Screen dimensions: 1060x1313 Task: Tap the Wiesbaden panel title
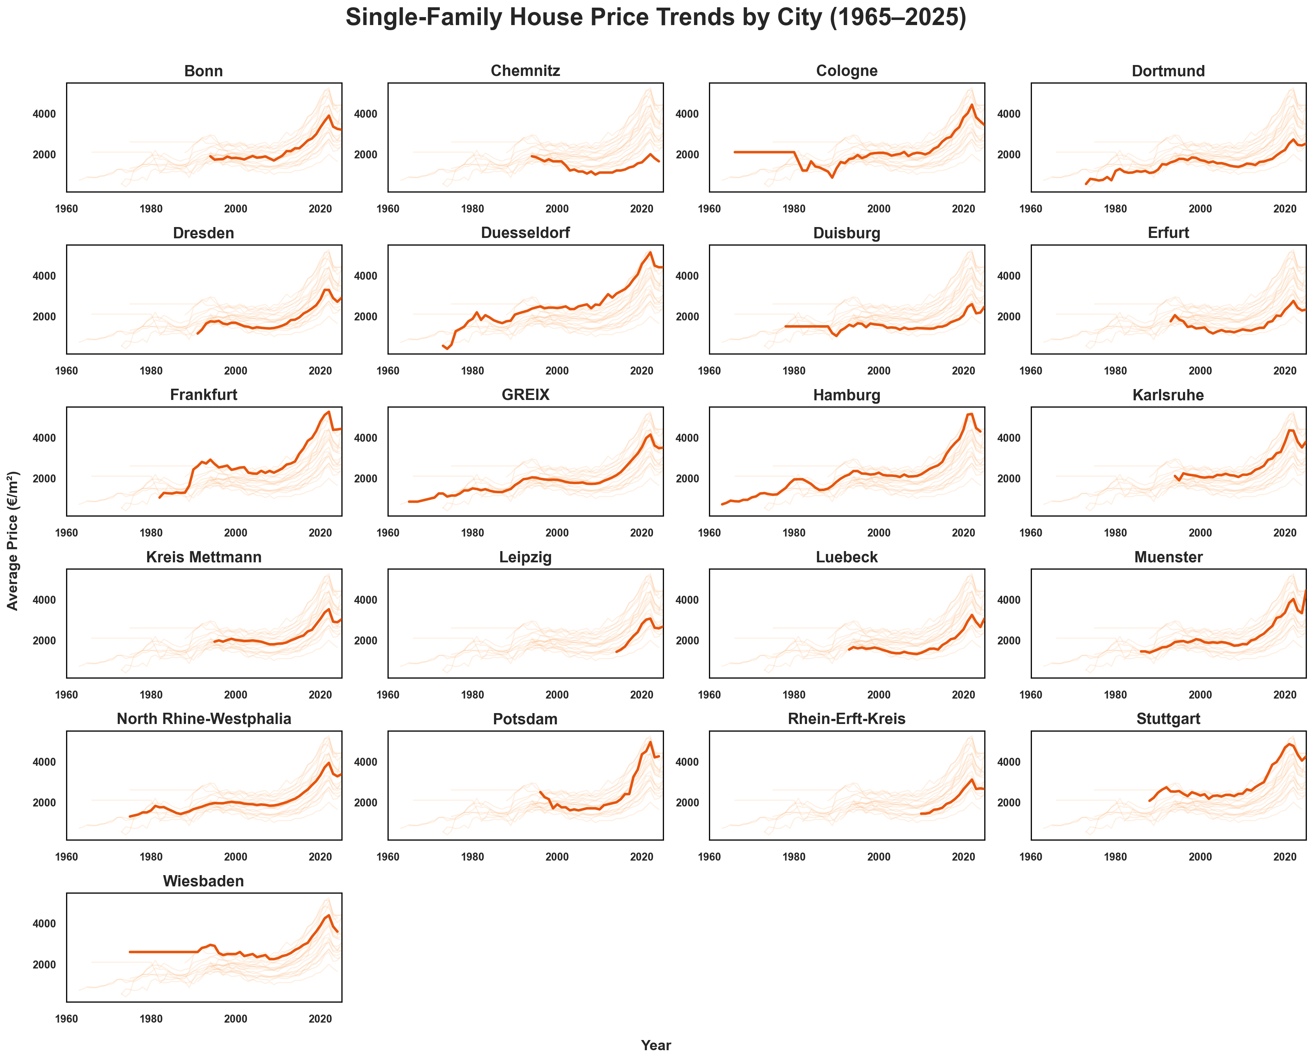coord(203,881)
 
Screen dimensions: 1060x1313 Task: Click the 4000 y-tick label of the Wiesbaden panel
coord(44,924)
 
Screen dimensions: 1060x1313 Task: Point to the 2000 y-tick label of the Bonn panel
coord(44,154)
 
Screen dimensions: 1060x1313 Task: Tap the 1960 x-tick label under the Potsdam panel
coord(388,857)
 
